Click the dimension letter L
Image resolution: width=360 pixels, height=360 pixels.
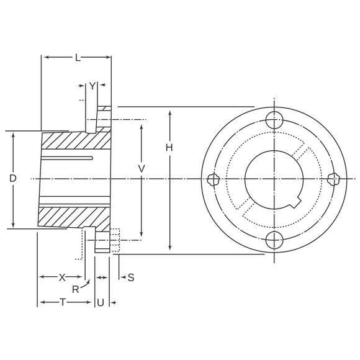point(78,58)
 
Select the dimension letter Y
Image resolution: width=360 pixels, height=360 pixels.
point(92,86)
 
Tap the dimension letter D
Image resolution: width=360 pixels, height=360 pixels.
point(13,178)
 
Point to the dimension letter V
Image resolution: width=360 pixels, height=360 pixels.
point(142,169)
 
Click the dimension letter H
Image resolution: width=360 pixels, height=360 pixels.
point(169,148)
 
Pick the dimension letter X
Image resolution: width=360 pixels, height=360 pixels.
point(62,277)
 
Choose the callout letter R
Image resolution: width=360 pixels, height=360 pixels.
point(76,290)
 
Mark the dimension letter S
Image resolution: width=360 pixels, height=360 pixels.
point(131,277)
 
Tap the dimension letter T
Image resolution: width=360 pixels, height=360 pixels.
point(63,302)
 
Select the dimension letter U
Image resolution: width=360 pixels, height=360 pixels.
point(101,303)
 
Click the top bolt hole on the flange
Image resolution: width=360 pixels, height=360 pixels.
point(274,120)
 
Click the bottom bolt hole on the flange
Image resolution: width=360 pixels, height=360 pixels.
point(274,240)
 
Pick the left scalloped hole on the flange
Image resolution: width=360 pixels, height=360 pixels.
point(214,179)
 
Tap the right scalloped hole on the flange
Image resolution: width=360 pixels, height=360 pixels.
point(333,179)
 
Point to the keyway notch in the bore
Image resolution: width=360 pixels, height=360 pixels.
point(295,202)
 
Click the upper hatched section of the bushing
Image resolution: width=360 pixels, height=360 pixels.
point(76,140)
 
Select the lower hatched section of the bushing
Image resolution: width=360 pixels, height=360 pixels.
point(73,217)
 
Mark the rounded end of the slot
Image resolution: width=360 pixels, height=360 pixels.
point(91,158)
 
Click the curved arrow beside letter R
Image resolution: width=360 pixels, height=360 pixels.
point(85,283)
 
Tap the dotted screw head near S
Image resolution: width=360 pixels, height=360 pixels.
point(115,240)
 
